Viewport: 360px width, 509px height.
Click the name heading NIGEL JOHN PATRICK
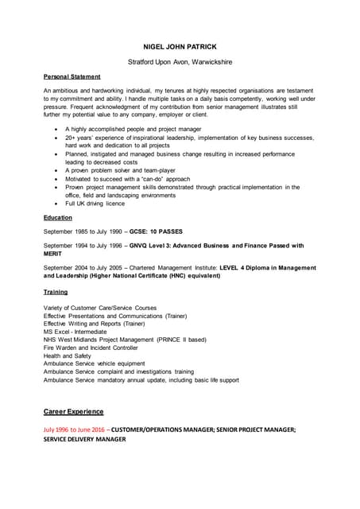coord(180,46)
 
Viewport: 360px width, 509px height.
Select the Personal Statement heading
coord(72,76)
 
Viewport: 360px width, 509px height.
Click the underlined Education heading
coord(58,217)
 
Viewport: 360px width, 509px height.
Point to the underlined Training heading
coord(56,292)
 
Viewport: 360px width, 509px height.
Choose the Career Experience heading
coord(73,411)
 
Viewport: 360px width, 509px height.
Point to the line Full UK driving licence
coord(95,204)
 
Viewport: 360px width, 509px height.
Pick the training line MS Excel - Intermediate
coord(79,332)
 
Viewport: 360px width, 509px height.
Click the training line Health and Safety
coord(68,356)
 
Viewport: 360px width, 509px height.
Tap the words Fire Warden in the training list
coord(62,348)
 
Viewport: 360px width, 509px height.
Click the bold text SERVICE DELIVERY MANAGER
coord(85,439)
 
